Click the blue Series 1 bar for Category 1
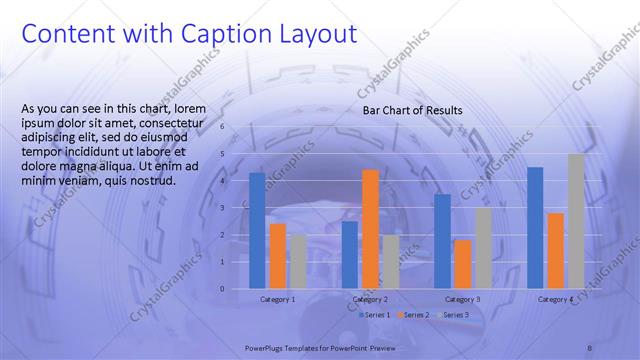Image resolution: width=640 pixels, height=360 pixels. (x=257, y=231)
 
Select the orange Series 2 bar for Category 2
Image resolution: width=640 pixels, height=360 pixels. (x=370, y=229)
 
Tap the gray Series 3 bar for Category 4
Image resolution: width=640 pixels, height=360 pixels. (x=576, y=221)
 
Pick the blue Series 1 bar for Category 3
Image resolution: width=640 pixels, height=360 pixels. (x=442, y=241)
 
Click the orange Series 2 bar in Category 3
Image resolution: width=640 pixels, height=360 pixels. (x=462, y=264)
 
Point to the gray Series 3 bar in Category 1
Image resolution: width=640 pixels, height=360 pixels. (x=298, y=261)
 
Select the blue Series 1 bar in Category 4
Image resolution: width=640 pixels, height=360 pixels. (x=535, y=228)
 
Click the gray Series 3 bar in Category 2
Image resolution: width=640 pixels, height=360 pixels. (x=390, y=261)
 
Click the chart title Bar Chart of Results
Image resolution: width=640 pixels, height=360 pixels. (x=412, y=110)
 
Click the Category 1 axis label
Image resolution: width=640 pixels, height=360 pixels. (x=277, y=299)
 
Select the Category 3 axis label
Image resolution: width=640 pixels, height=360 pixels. (x=462, y=299)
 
